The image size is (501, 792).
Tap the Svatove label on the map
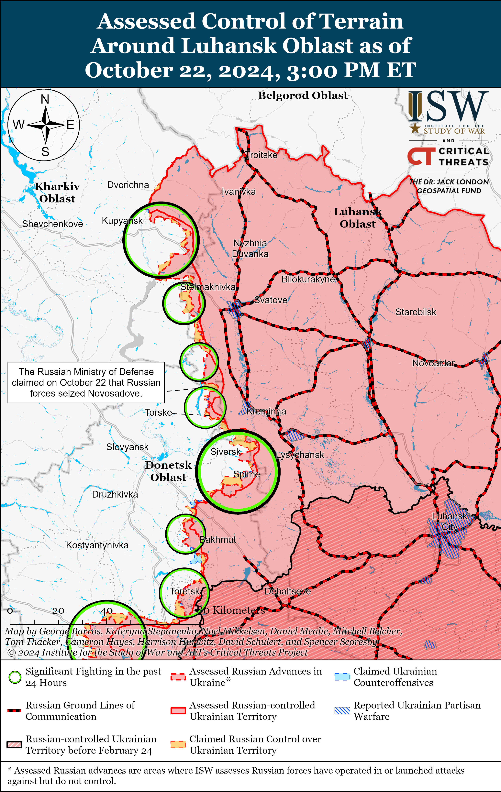pyautogui.click(x=271, y=300)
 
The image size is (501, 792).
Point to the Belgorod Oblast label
pyautogui.click(x=303, y=95)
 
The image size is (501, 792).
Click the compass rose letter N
pyautogui.click(x=45, y=99)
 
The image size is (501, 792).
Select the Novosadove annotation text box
pyautogui.click(x=86, y=382)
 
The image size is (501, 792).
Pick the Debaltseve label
pyautogui.click(x=287, y=591)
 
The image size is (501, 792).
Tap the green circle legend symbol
pyautogui.click(x=15, y=677)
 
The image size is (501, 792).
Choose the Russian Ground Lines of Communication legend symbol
pyautogui.click(x=15, y=710)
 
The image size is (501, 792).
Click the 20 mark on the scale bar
pyautogui.click(x=58, y=611)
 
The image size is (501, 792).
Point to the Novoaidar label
pyautogui.click(x=433, y=363)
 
